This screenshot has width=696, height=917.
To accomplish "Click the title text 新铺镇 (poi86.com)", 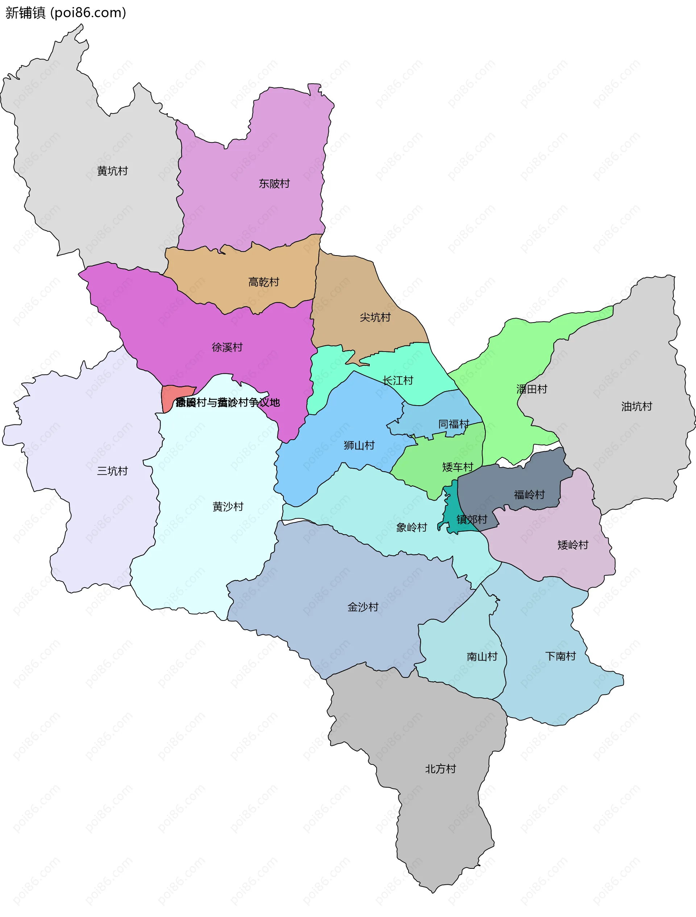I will pyautogui.click(x=66, y=13).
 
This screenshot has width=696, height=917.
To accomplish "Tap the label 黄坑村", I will pyautogui.click(x=112, y=171).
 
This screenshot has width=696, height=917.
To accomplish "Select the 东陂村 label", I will pyautogui.click(x=274, y=183).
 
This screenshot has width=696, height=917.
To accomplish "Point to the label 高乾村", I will pyautogui.click(x=264, y=282).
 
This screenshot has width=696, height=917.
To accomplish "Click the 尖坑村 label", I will pyautogui.click(x=375, y=317).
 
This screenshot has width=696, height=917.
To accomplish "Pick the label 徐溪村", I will pyautogui.click(x=227, y=347).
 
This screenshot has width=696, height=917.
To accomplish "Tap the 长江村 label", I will pyautogui.click(x=398, y=380).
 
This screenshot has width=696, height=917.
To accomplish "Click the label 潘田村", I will pyautogui.click(x=531, y=389).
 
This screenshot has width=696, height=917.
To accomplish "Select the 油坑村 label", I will pyautogui.click(x=636, y=406).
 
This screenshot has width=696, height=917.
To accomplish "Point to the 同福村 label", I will pyautogui.click(x=453, y=424).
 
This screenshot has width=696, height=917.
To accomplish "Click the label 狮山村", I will pyautogui.click(x=359, y=445).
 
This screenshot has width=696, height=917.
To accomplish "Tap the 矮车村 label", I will pyautogui.click(x=457, y=467).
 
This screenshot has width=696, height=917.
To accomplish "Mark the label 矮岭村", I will pyautogui.click(x=572, y=545).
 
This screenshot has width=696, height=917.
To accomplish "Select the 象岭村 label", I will pyautogui.click(x=411, y=527).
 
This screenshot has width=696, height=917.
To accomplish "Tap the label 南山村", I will pyautogui.click(x=482, y=656).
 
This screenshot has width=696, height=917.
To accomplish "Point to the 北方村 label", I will pyautogui.click(x=440, y=769).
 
